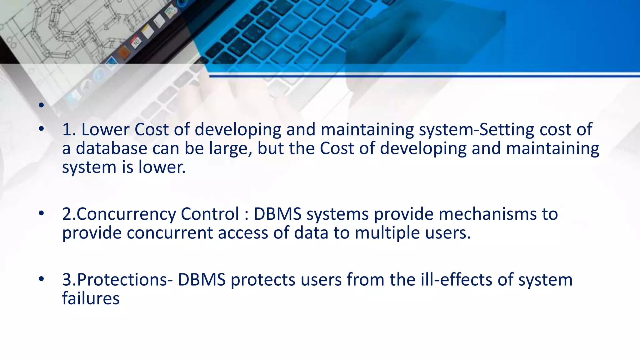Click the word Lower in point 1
[x=105, y=129]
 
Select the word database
[x=112, y=148]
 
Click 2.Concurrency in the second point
[x=119, y=214]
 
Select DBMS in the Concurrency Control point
[x=277, y=214]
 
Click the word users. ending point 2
[x=447, y=233]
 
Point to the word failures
[x=91, y=298]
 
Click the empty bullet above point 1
[x=41, y=105]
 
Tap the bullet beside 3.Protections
[x=41, y=279]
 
